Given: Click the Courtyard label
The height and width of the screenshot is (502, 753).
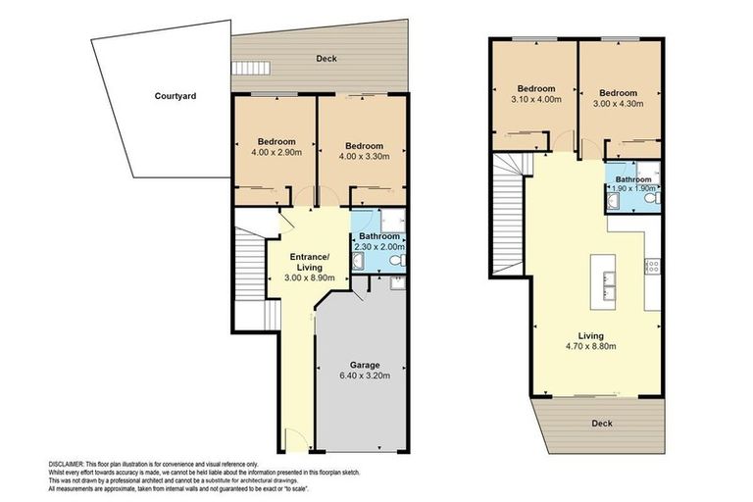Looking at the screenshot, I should point(176,96).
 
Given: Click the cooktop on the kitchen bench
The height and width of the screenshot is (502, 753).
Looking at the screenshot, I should point(652,265).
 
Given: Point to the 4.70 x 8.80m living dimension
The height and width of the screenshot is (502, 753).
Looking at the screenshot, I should point(597,346).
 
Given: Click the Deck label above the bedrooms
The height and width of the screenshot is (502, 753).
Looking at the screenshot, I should point(326,59).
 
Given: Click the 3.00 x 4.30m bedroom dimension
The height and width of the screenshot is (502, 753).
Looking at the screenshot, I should point(619,100).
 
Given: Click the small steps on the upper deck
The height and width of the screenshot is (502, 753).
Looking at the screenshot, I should point(244,69).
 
